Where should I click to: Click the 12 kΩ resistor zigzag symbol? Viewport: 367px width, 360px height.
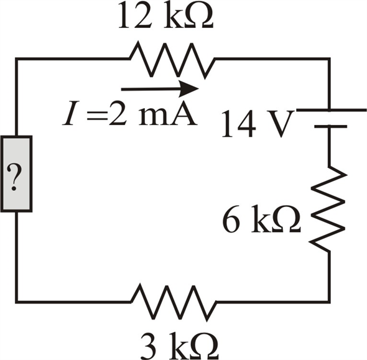[x=172, y=60]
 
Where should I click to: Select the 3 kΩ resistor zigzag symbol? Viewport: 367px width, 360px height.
[x=174, y=302]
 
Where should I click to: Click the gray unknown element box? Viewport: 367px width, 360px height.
[x=16, y=174]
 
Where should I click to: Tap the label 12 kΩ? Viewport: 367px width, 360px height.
[x=165, y=16]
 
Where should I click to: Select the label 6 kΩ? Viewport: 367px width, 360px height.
[x=261, y=219]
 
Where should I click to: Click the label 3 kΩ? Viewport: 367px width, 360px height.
[x=180, y=346]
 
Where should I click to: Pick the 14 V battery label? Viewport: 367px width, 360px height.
[x=258, y=124]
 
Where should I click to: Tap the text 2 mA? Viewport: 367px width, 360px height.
[x=152, y=113]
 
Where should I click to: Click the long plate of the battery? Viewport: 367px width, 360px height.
[x=331, y=109]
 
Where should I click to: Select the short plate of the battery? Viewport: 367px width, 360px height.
[x=331, y=126]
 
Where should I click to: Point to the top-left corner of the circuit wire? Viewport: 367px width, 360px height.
[x=16, y=58]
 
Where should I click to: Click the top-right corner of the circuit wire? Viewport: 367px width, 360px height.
[x=329, y=58]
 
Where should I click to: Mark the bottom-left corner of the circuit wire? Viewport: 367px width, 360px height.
[x=16, y=302]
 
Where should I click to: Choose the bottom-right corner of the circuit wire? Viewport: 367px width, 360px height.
[x=329, y=302]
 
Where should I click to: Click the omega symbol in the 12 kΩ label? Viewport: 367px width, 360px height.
[x=198, y=16]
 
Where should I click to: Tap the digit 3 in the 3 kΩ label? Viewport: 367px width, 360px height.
[x=149, y=347]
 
